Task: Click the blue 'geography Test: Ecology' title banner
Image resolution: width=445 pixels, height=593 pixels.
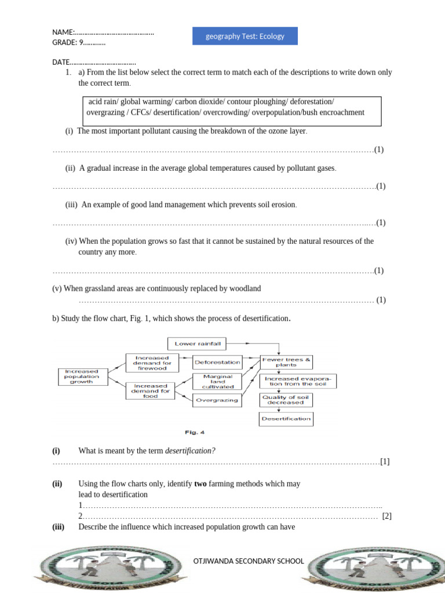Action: pyautogui.click(x=245, y=36)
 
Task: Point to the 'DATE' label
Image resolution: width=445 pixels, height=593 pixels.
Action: pyautogui.click(x=61, y=62)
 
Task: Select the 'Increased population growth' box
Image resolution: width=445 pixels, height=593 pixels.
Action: pyautogui.click(x=82, y=376)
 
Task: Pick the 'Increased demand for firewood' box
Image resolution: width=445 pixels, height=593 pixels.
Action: pyautogui.click(x=151, y=363)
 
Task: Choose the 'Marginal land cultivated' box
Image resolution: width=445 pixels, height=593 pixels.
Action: pyautogui.click(x=217, y=381)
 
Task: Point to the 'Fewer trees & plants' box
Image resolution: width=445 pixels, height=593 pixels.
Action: pyautogui.click(x=286, y=362)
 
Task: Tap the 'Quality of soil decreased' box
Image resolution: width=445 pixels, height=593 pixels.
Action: pyautogui.click(x=286, y=400)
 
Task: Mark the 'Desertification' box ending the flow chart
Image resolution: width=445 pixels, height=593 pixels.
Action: pyautogui.click(x=286, y=418)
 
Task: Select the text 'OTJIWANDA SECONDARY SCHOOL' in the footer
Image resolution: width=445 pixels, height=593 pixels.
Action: pyautogui.click(x=248, y=561)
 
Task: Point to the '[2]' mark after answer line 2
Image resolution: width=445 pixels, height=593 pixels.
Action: pyautogui.click(x=387, y=517)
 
